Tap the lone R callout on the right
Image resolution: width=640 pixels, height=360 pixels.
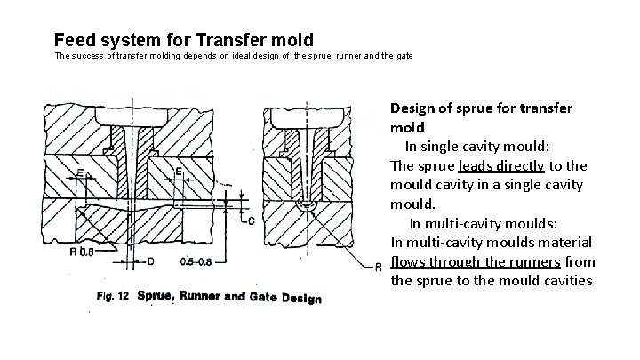coord(378,266)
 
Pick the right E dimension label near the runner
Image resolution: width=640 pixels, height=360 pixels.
coord(178,171)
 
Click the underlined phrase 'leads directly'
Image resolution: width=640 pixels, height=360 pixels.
coord(501,165)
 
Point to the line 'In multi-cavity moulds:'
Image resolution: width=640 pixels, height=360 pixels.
coord(485,223)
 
